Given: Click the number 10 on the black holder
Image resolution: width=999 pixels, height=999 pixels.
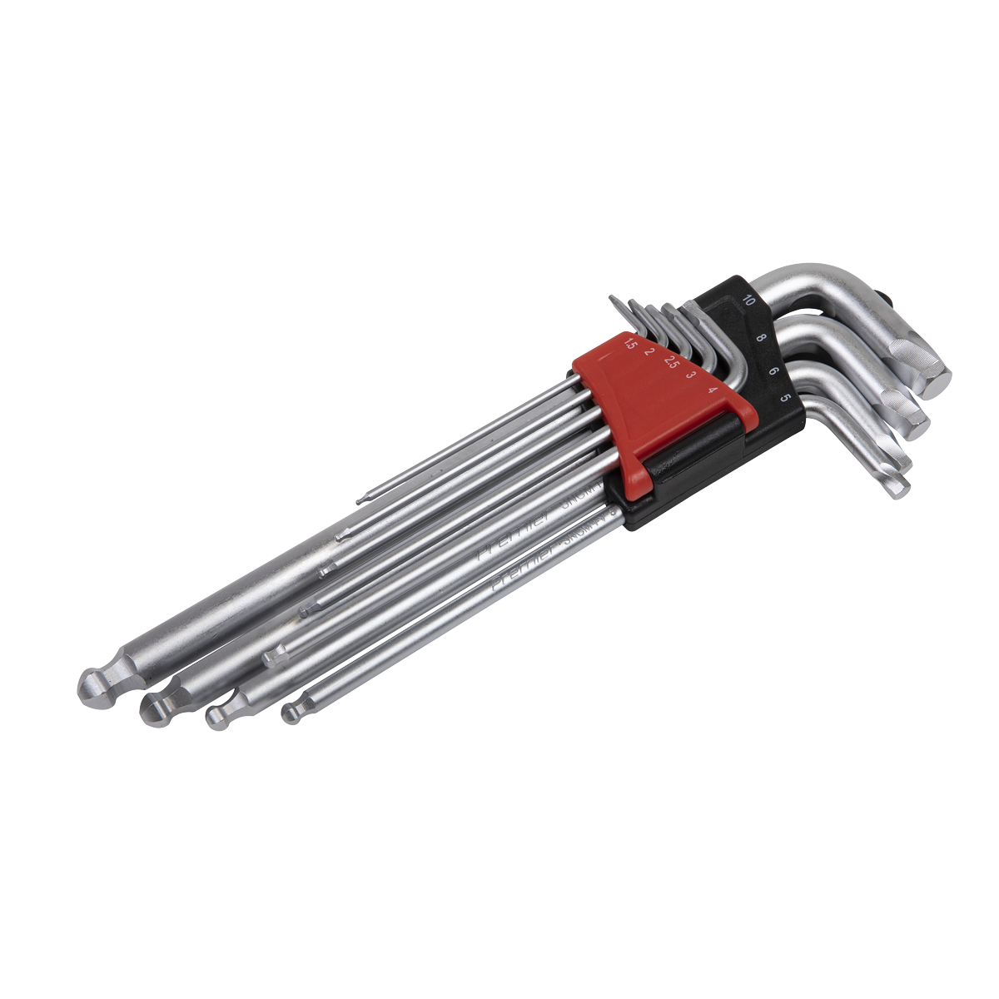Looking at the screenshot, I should tap(750, 301).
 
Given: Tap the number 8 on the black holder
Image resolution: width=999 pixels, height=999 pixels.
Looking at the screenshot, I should tap(761, 339).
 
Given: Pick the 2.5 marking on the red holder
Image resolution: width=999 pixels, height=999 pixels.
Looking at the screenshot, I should tap(669, 361).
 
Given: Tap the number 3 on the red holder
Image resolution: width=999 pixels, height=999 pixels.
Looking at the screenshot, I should tap(690, 375).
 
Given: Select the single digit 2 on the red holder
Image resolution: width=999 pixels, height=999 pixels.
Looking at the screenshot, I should tap(649, 351).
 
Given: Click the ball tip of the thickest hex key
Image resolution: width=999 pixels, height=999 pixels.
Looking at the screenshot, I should tap(92, 683).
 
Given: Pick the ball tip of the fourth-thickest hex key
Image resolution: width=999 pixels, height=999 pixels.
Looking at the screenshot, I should tap(291, 713).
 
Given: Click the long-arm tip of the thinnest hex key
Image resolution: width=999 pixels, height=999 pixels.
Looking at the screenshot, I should tap(359, 500).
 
